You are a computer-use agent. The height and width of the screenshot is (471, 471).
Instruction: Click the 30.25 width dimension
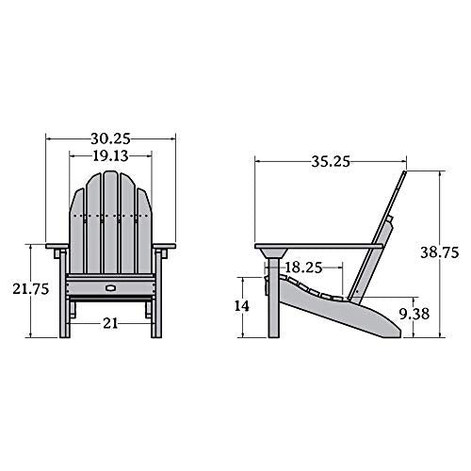[111, 136]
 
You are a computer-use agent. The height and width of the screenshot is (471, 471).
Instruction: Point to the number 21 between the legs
[111, 322]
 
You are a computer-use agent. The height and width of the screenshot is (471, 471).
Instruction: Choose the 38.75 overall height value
[440, 252]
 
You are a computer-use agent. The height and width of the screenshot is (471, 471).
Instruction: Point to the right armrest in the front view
[164, 249]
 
